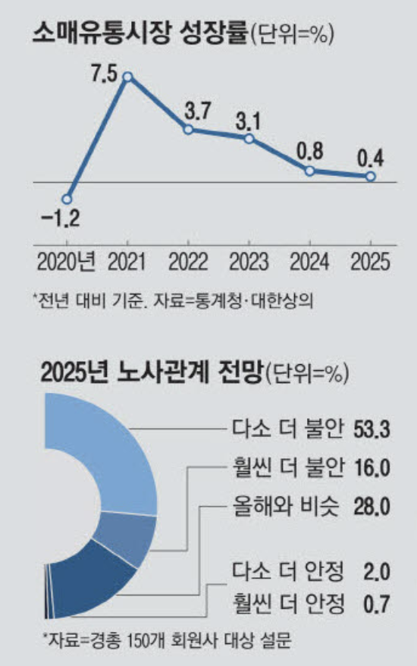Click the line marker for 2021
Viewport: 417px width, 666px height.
pos(128,77)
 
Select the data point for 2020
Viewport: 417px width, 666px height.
pos(67,199)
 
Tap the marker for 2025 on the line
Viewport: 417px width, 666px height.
pos(370,176)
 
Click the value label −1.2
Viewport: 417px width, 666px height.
pos(61,221)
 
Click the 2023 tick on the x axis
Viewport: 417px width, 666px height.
pos(249,262)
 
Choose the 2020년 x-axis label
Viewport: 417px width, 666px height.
pos(66,262)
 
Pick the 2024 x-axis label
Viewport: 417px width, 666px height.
pos(310,262)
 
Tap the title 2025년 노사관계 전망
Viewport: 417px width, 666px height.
pos(150,372)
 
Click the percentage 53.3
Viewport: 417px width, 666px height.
pos(371,429)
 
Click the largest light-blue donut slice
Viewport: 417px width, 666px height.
pos(114,463)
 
